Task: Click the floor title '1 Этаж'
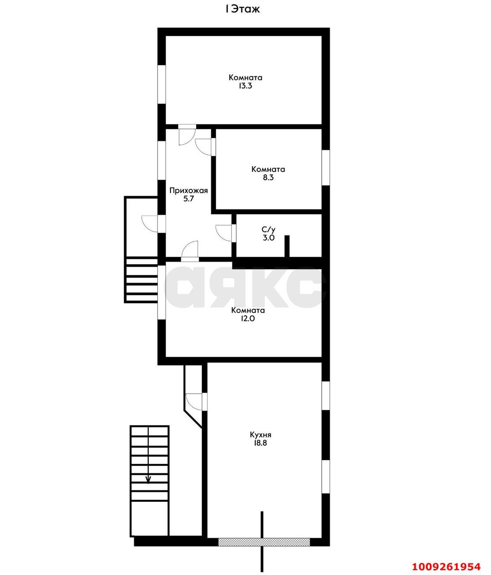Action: point(242,9)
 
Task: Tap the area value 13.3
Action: point(245,86)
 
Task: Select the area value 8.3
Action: point(268,177)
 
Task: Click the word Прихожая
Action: point(189,190)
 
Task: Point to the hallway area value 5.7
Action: point(189,199)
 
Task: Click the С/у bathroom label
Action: point(268,230)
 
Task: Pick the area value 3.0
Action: point(268,238)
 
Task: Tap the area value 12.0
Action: point(248,318)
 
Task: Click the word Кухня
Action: point(260,435)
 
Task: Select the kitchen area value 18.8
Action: point(260,443)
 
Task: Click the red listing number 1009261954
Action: point(446,566)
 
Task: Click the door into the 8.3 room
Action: point(204,147)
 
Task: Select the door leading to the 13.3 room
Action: point(187,135)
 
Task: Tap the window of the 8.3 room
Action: point(326,168)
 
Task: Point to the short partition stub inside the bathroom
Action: point(287,246)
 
